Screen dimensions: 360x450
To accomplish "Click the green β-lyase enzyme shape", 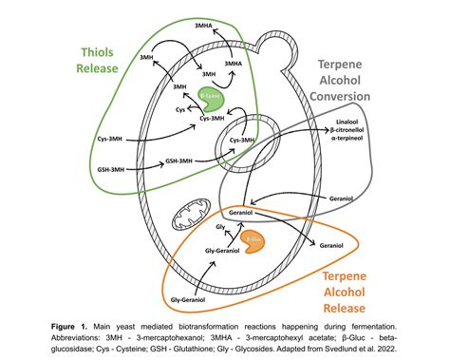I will [211, 96].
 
